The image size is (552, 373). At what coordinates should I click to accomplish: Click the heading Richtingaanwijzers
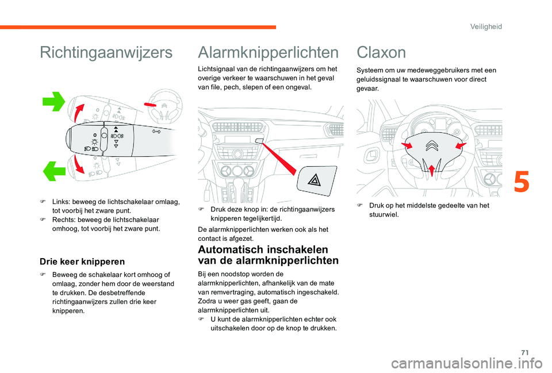click(x=106, y=53)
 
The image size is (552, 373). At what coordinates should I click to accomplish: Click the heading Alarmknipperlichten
click(x=267, y=53)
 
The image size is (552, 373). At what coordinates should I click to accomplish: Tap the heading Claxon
click(x=381, y=53)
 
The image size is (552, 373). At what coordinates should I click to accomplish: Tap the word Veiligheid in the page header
click(x=486, y=26)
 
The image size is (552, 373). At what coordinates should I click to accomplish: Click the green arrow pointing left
click(x=54, y=170)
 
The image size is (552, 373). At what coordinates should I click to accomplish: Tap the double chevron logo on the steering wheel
click(x=431, y=148)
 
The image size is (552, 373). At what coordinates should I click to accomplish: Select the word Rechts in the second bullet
click(x=63, y=220)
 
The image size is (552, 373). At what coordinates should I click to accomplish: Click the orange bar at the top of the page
click(x=138, y=27)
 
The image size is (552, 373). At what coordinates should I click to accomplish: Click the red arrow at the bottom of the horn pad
click(x=431, y=168)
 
